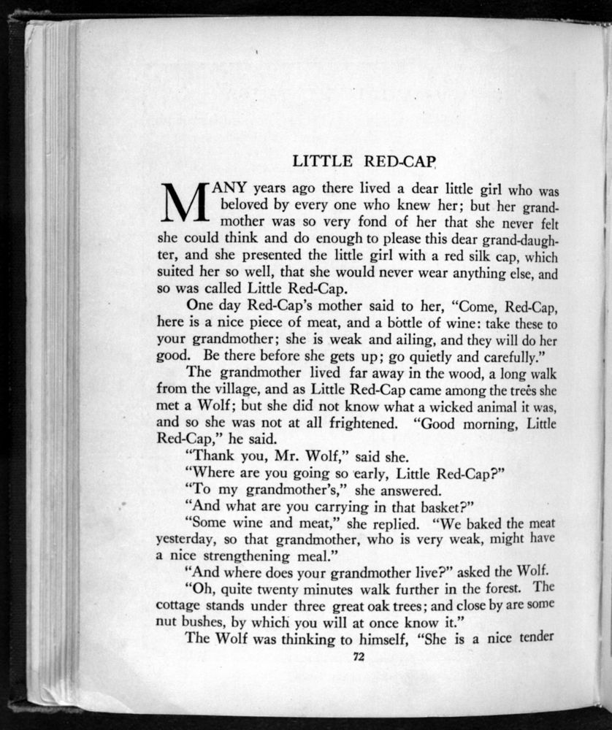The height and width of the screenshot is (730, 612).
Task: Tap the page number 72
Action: (359, 657)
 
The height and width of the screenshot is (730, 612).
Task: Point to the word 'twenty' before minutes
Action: (268, 588)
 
